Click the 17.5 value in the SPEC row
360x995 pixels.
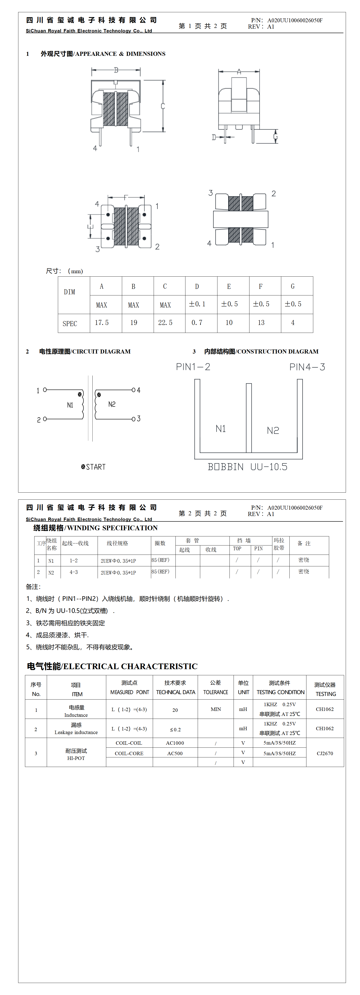point(102,322)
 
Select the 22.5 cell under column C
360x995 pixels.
point(165,322)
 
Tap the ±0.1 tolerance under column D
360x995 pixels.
point(197,304)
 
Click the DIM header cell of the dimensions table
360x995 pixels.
point(69,292)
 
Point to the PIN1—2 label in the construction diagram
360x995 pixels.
point(193,367)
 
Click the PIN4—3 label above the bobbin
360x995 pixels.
point(307,367)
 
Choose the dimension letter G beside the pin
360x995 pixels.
point(275,136)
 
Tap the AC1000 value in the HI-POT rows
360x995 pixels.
point(175,743)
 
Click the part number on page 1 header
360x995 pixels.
point(295,20)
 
